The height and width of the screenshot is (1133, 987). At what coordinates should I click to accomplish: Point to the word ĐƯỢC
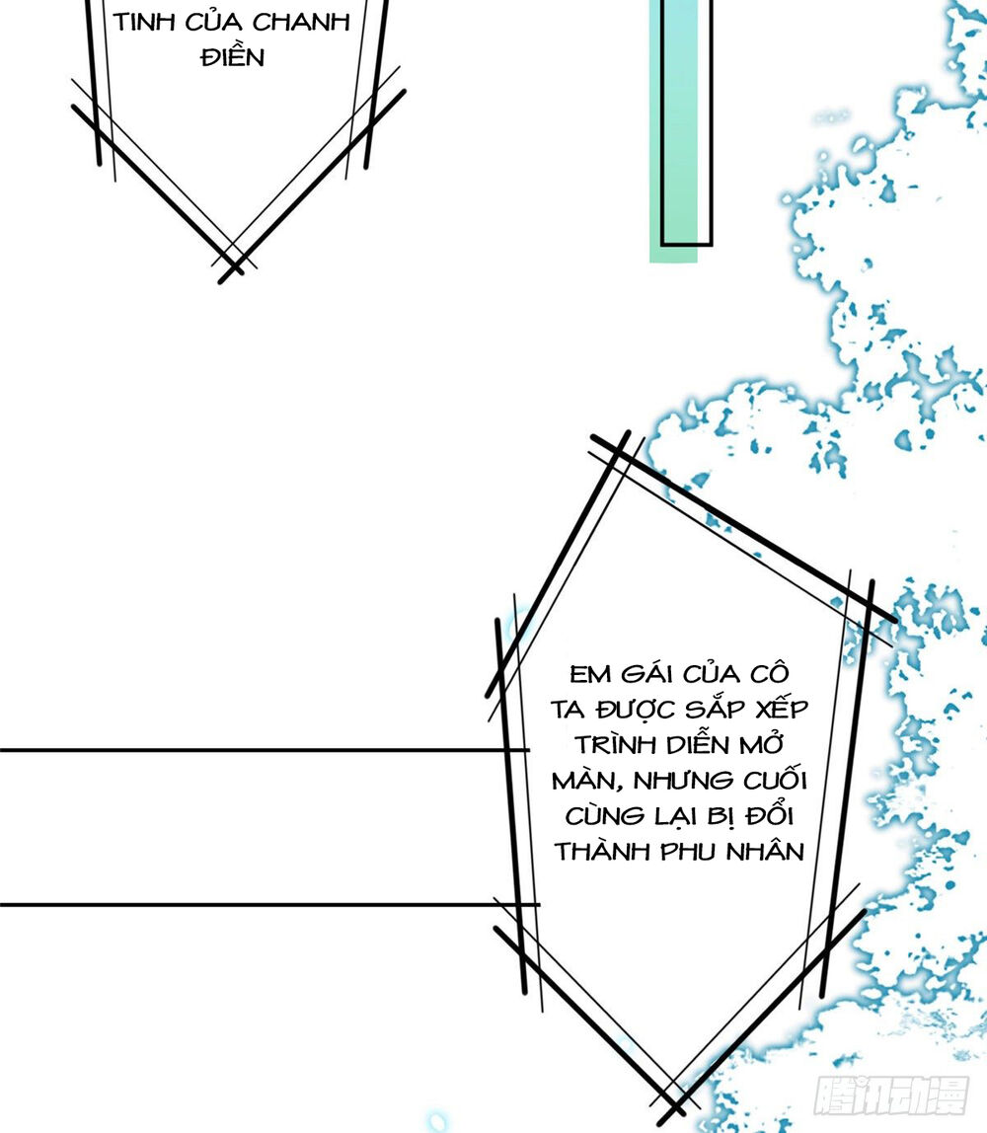(635, 710)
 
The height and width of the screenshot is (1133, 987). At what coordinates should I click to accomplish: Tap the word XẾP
(781, 709)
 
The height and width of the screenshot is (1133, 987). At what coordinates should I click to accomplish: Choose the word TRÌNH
(615, 744)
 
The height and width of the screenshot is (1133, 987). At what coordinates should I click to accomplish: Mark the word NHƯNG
(683, 781)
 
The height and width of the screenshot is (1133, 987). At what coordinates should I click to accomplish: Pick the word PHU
(688, 852)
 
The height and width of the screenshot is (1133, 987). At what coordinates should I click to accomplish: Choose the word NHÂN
(765, 851)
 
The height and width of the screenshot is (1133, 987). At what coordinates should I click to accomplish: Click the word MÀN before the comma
(583, 780)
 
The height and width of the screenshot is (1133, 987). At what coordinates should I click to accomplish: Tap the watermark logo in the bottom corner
(891, 1095)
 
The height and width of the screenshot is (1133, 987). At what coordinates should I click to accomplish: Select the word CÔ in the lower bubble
(769, 673)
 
